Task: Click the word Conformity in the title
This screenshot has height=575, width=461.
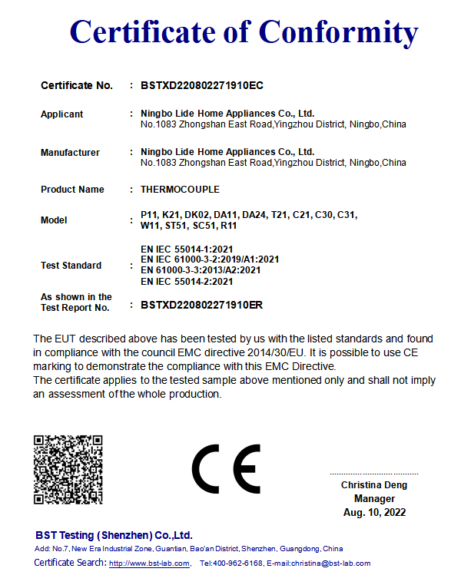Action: coord(338,31)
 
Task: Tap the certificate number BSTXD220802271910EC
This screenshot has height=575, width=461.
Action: coord(202,85)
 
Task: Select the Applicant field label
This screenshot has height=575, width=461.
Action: coord(61,114)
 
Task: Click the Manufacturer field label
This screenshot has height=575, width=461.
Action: coord(70,153)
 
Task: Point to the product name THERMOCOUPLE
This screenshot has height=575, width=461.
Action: coord(180,190)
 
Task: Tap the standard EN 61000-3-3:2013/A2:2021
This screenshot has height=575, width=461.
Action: coord(201,270)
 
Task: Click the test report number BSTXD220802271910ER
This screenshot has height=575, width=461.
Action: coord(202,305)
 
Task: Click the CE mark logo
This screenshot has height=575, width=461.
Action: coord(226,468)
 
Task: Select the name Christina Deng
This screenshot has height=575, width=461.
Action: coord(374,485)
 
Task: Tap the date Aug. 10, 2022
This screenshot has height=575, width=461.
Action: coord(374,512)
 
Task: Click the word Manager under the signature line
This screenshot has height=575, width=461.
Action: coord(374,499)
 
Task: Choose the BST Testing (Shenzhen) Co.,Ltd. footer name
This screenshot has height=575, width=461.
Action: coord(114,535)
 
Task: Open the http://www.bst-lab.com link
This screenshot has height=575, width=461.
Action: coord(149,563)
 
